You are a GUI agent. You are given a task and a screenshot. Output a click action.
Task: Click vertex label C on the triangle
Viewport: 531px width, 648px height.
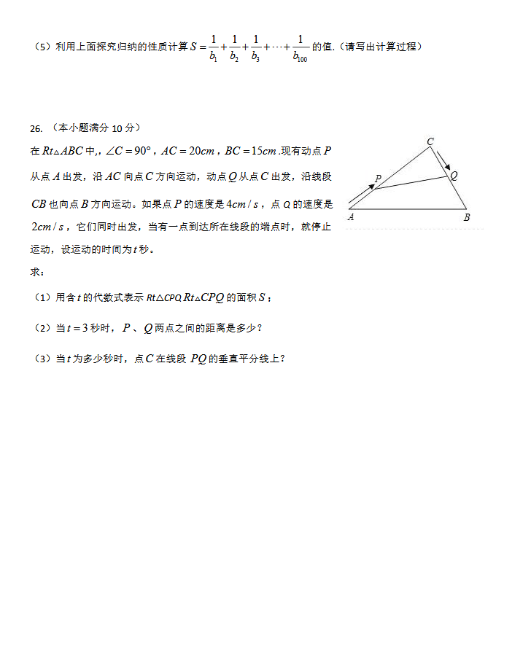pyautogui.click(x=430, y=141)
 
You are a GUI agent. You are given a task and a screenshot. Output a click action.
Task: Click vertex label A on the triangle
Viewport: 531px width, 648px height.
pyautogui.click(x=351, y=217)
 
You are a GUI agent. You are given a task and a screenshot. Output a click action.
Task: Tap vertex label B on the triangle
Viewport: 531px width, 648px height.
pyautogui.click(x=467, y=217)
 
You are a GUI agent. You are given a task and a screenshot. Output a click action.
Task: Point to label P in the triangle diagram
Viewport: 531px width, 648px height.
pyautogui.click(x=378, y=179)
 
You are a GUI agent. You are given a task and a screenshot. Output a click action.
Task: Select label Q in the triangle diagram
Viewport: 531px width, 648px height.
pyautogui.click(x=454, y=175)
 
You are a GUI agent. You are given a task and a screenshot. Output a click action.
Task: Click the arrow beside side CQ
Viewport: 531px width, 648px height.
pyautogui.click(x=443, y=159)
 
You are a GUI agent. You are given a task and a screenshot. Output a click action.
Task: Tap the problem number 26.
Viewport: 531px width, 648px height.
pyautogui.click(x=36, y=129)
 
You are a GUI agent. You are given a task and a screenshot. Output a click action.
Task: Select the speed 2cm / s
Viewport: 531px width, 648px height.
pyautogui.click(x=47, y=227)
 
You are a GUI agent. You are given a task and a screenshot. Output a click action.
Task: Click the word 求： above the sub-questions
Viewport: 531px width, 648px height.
pyautogui.click(x=37, y=272)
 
